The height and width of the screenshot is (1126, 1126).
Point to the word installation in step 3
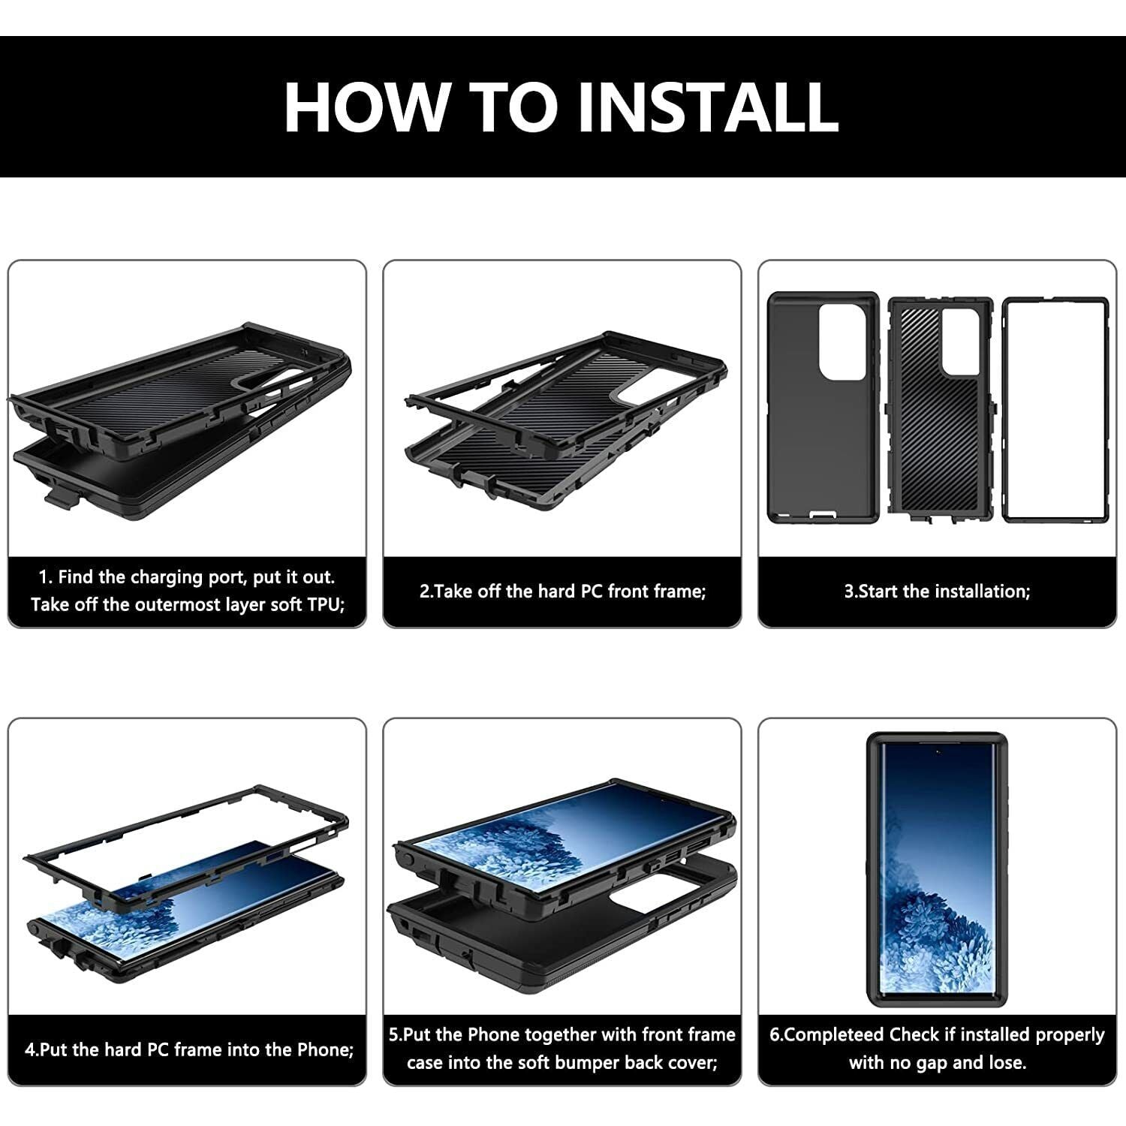pos(981,591)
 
